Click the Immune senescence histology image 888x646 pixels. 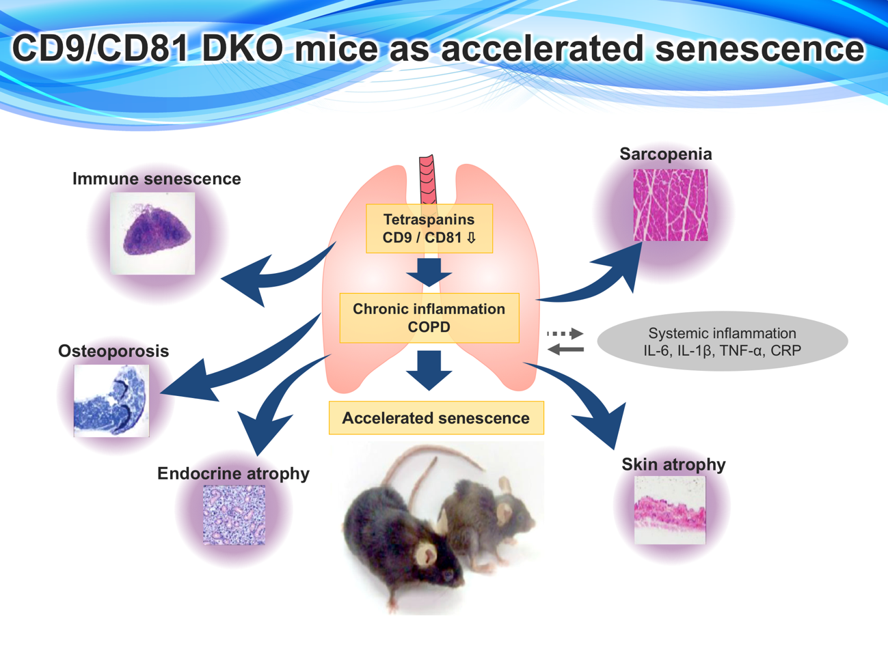(152, 233)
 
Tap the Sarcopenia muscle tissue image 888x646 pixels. (670, 205)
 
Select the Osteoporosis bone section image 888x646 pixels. (111, 400)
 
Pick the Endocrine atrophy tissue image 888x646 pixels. (234, 514)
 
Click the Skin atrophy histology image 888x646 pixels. (669, 509)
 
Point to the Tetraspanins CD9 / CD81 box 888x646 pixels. (429, 229)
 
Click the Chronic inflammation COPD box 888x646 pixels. (429, 318)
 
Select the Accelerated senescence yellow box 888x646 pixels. (436, 418)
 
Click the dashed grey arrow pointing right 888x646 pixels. (565, 334)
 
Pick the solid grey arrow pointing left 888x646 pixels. (566, 350)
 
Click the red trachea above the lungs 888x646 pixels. (428, 179)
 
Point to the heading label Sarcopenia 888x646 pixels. (665, 154)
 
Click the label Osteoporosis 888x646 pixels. (113, 351)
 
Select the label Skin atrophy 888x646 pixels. (673, 464)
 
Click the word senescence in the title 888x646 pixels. (755, 49)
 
